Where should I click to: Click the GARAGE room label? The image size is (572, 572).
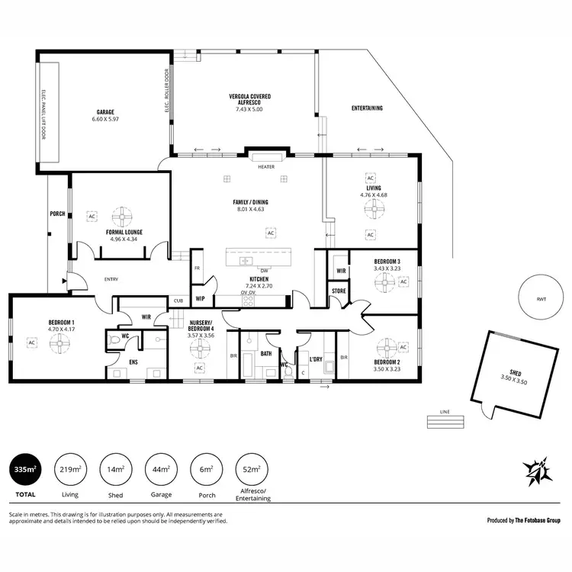click(106, 111)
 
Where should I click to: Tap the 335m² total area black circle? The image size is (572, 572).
click(25, 469)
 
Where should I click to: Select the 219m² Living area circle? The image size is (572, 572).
click(70, 469)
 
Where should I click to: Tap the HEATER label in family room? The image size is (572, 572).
click(266, 166)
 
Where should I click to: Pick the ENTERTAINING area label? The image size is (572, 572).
click(367, 108)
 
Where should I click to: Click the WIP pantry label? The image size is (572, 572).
click(201, 298)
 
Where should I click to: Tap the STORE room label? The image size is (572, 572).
click(339, 292)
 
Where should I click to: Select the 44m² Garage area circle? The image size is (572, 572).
click(161, 469)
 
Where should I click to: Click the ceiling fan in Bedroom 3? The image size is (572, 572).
click(381, 282)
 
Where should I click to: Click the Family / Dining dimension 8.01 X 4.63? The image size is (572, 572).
click(250, 209)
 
